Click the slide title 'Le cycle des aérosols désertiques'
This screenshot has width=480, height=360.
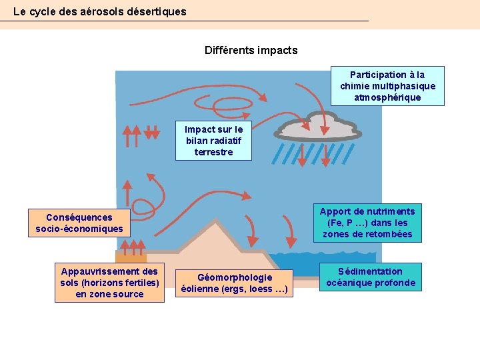(x=100, y=12)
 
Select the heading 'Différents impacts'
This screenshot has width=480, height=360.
(x=251, y=50)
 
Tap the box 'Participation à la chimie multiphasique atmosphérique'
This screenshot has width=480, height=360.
(x=387, y=86)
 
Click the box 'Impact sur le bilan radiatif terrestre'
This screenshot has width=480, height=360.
(x=213, y=141)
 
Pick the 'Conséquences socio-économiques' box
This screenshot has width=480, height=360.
(x=79, y=223)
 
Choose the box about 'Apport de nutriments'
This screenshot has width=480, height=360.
(x=367, y=223)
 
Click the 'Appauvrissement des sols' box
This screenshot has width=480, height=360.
(x=109, y=283)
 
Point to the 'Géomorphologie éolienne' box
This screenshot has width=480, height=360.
(x=235, y=283)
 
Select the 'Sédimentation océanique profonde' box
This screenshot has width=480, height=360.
(x=370, y=277)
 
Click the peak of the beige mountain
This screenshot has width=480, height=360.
(x=217, y=225)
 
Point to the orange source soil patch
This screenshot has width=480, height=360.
(x=131, y=257)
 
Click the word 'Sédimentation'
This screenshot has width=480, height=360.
(x=370, y=271)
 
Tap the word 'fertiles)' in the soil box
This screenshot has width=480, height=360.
(x=139, y=283)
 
